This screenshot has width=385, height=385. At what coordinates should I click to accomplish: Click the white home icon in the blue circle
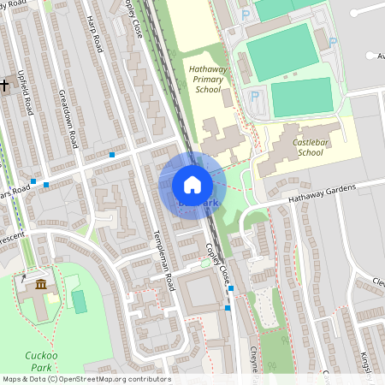(x=192, y=185)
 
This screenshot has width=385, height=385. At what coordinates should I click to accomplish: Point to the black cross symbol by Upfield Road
(x=4, y=85)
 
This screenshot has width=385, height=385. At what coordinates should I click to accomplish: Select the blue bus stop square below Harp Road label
(x=112, y=155)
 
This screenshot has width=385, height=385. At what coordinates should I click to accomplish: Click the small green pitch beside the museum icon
(x=80, y=302)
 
